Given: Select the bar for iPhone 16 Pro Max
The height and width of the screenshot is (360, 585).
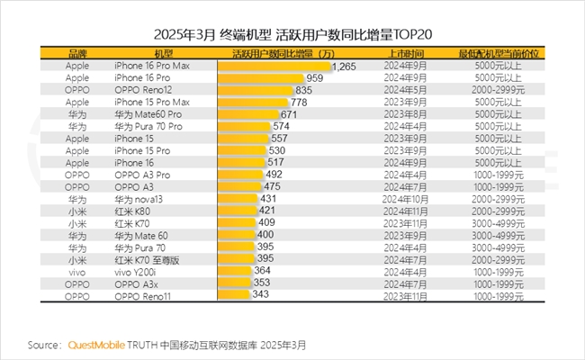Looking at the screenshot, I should (x=275, y=67).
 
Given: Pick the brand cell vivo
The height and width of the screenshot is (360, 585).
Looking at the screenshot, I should (x=76, y=270).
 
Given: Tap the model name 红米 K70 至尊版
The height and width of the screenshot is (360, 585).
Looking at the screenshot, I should (x=148, y=258).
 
